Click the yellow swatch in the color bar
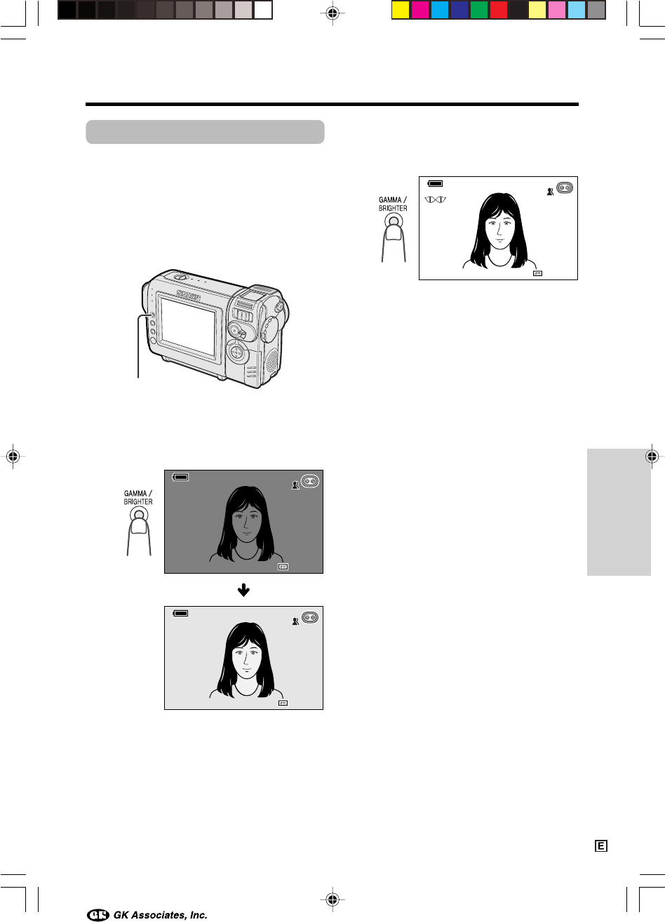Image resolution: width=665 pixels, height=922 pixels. coord(400,11)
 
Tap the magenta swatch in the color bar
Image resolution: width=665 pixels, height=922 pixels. coord(420,11)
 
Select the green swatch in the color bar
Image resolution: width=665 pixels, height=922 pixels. coord(478,11)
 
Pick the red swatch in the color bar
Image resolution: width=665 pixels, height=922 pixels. coord(499,11)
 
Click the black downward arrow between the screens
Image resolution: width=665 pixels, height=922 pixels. coord(243,590)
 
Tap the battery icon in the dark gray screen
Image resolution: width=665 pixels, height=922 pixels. coord(180,477)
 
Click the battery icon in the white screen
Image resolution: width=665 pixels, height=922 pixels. coord(435,183)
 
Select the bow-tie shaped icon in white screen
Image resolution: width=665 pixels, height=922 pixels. coord(436,199)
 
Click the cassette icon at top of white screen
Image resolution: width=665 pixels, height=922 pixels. coord(565,187)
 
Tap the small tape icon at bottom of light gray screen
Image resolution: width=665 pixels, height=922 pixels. coord(283,703)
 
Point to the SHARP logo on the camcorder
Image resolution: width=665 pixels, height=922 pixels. coord(189,295)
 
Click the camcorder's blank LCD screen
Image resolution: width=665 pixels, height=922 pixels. coord(189,326)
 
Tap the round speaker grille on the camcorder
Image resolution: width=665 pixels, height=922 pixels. coord(272,360)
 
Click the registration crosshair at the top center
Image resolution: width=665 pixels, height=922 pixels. coord(332,13)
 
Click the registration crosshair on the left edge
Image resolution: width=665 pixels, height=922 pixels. coord(13,456)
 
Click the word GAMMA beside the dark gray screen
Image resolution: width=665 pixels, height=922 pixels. coord(135,493)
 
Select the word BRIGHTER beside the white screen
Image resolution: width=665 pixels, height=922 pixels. coord(393,209)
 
